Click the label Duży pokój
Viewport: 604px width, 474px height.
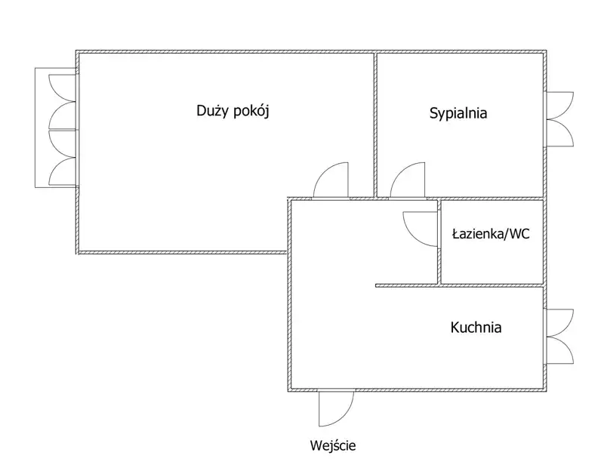233,112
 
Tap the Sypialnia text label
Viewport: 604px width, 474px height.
458,114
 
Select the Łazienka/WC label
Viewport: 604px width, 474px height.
491,234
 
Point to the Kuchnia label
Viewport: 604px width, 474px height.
476,328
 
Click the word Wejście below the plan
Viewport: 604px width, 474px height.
332,445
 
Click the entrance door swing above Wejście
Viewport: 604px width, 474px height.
332,408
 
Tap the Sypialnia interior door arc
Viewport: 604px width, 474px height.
408,181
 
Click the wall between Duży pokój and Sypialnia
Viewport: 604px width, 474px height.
375,121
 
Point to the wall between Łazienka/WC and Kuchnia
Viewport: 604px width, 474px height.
491,285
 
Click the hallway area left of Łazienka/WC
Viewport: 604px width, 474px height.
362,242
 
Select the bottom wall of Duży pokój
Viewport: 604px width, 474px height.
181,251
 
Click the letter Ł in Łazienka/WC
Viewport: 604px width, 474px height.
456,234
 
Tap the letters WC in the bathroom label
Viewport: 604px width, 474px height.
519,234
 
